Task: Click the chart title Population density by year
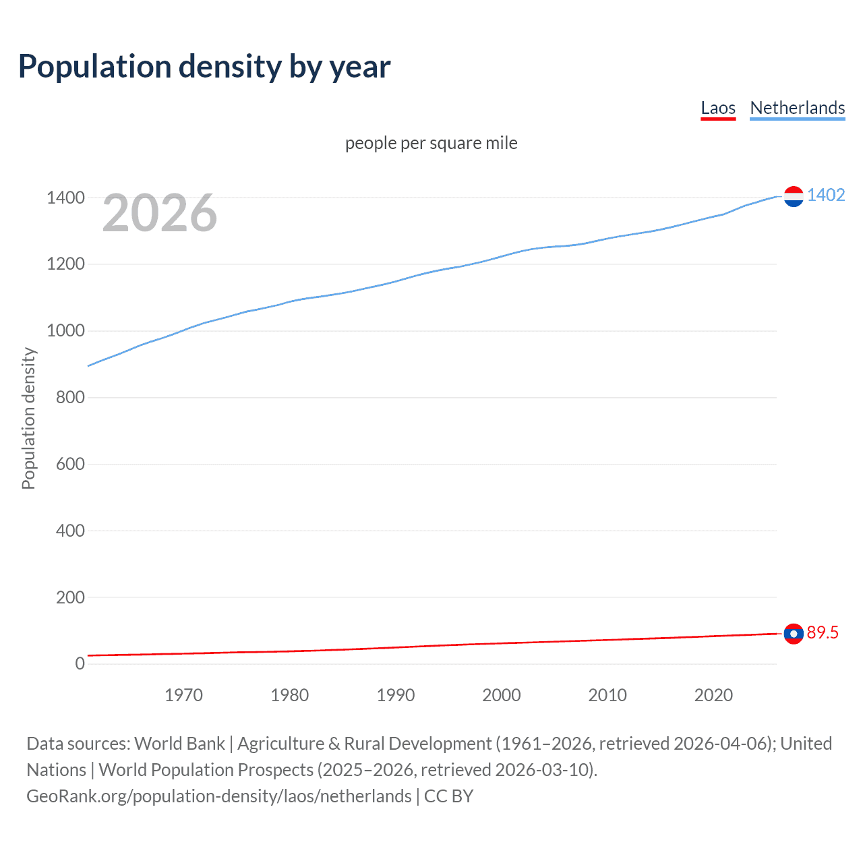click(204, 67)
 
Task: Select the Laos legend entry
click(718, 108)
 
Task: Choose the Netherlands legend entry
click(797, 108)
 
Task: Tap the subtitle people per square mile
click(431, 143)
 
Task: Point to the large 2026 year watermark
click(160, 213)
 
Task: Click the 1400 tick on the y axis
click(65, 198)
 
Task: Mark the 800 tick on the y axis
click(70, 397)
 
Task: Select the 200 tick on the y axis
click(70, 597)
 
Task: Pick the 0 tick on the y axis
click(80, 663)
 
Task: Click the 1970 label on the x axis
click(183, 695)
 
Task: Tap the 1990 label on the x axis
click(396, 695)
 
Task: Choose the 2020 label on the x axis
click(713, 695)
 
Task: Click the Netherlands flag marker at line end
click(794, 196)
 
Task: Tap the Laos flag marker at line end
click(794, 634)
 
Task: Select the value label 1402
click(826, 195)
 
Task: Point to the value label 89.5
click(823, 632)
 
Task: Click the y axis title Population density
click(28, 418)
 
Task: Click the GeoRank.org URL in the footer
click(218, 796)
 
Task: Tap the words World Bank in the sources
click(179, 744)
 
